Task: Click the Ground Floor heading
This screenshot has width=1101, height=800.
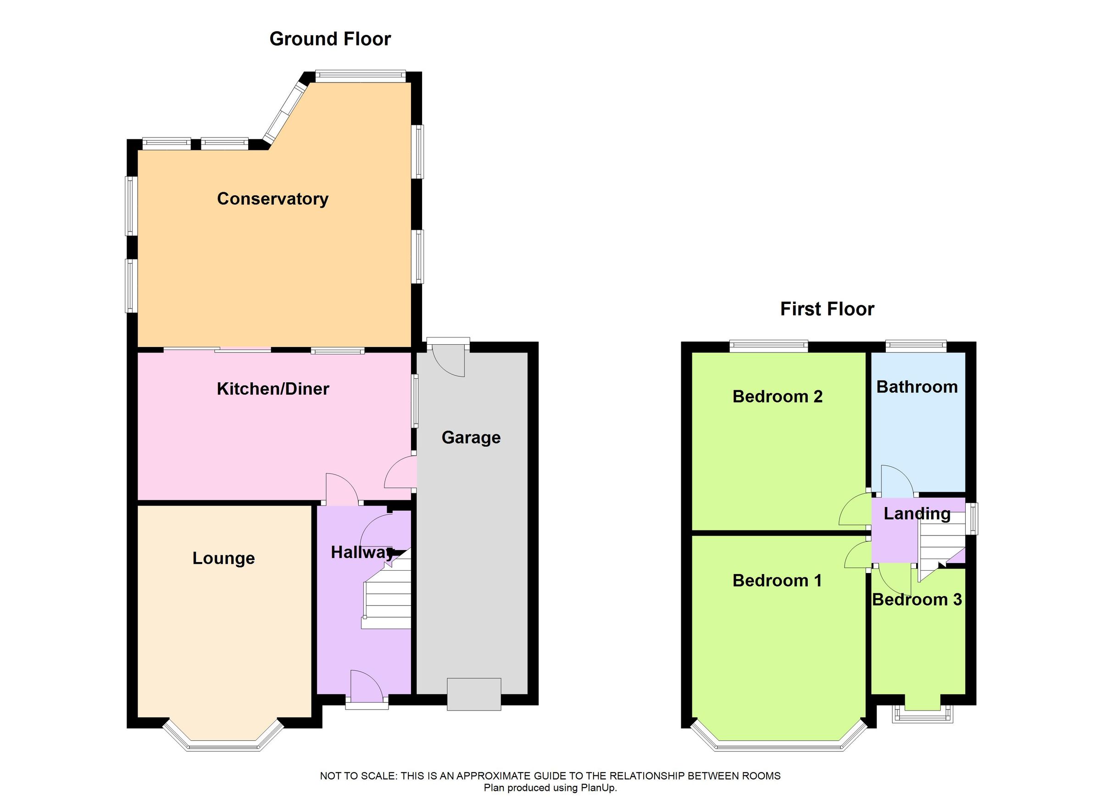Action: point(330,39)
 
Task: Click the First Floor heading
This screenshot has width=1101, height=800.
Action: point(827,309)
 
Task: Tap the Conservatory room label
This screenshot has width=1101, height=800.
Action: point(272,199)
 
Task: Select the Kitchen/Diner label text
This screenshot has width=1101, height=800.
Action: point(273,389)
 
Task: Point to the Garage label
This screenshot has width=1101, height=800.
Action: point(470,438)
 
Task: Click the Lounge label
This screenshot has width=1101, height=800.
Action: point(223,558)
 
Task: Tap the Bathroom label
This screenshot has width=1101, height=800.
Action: point(917,386)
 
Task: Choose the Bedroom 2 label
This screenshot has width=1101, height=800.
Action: point(777,397)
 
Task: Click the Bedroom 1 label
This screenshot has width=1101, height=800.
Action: point(777,580)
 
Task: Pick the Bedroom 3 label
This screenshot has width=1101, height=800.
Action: point(917,600)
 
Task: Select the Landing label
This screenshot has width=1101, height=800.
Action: point(917,513)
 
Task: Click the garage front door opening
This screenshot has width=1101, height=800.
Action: point(473,694)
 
